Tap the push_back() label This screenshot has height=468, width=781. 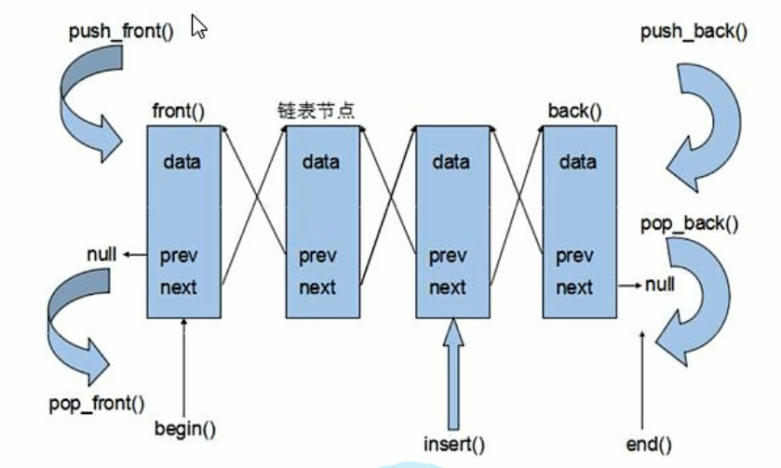pos(693,33)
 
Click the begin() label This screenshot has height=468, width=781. pos(185,429)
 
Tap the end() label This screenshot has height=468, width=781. pos(650,445)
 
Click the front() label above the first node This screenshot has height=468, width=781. pos(177,111)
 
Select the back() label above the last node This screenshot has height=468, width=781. pos(574,112)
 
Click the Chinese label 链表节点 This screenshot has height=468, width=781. pos(316,111)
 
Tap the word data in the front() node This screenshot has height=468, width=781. pos(182,162)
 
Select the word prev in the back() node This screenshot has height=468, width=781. pos(573,256)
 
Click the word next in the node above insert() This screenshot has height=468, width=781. pos(447,287)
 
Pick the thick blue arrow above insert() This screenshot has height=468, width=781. pos(452,372)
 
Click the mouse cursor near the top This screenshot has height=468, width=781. pos(198,26)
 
